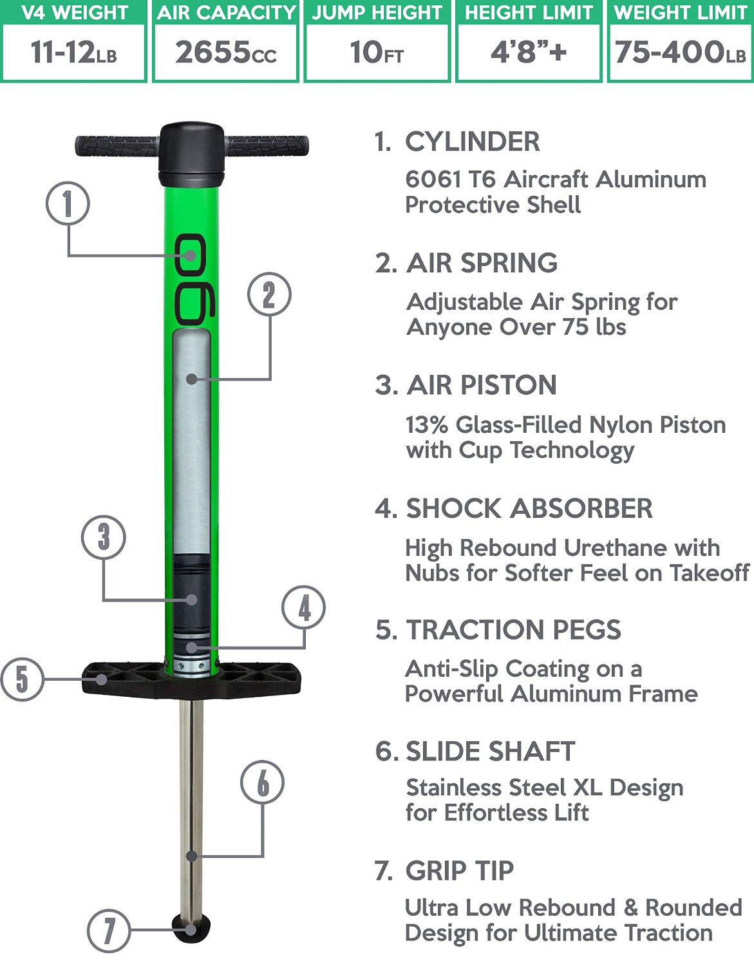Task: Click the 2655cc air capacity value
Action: pos(226,52)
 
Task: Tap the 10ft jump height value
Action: pos(377,52)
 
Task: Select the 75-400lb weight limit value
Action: pos(680,52)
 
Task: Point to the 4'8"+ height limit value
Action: pos(529,52)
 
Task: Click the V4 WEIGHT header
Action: pos(75,12)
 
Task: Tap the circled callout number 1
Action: pos(68,204)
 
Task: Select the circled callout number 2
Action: pos(269,294)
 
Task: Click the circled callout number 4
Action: pos(304,607)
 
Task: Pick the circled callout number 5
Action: pos(23,679)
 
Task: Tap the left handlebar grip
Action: pos(117,146)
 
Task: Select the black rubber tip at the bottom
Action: pos(191,928)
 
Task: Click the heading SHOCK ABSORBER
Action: pos(529,508)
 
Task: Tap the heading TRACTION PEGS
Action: pos(514,629)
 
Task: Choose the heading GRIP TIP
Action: pos(460,871)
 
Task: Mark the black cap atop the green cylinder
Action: pos(191,155)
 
